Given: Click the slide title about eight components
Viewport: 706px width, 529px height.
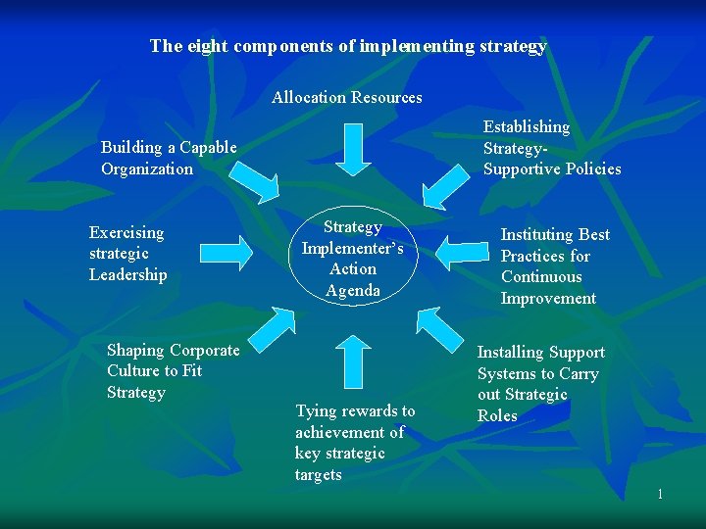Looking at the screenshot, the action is (348, 46).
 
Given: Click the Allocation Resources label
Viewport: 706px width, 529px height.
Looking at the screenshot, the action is (347, 97).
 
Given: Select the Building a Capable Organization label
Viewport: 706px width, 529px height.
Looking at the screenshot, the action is (169, 158).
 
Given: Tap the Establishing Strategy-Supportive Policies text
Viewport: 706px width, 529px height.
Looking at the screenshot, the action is (551, 148).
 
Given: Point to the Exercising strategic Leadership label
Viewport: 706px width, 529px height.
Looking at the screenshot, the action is (127, 254).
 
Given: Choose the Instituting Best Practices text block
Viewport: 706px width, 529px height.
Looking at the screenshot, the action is (555, 266).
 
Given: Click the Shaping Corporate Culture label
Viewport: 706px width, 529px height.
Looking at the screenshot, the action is (173, 371).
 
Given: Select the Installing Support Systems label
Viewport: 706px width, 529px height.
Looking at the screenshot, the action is (540, 383).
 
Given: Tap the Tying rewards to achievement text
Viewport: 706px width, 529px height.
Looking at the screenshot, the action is (354, 443).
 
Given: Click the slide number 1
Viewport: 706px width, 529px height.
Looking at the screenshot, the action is (660, 494).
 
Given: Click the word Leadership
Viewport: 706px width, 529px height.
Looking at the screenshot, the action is (128, 275).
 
